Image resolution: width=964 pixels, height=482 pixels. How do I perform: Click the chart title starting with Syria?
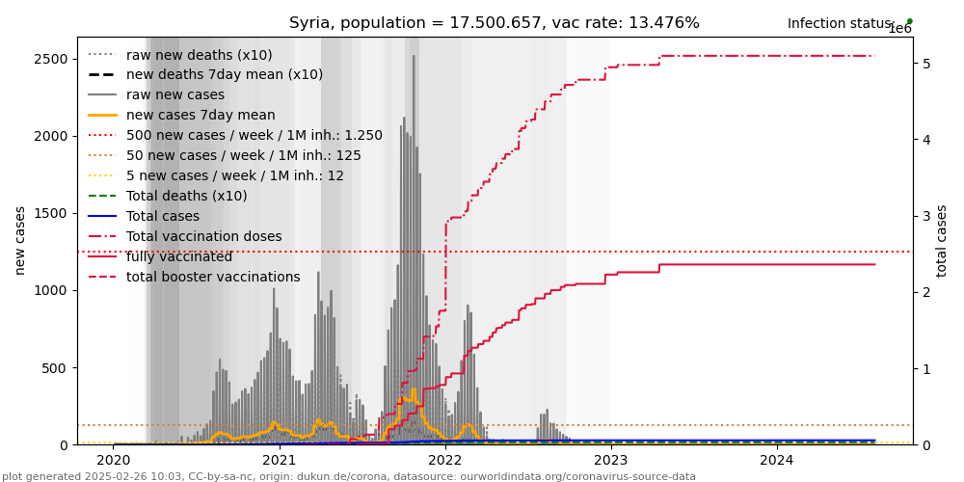pyautogui.click(x=495, y=23)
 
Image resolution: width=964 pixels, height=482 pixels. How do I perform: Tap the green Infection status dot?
pyautogui.click(x=909, y=21)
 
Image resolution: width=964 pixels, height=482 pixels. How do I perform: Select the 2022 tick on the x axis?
pyautogui.click(x=445, y=460)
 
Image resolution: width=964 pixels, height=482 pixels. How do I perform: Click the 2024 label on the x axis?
pyautogui.click(x=777, y=460)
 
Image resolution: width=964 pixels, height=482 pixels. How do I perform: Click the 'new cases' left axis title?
pyautogui.click(x=20, y=240)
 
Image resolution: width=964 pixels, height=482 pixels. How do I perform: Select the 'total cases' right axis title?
pyautogui.click(x=943, y=240)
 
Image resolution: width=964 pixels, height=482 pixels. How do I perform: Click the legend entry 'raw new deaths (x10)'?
pyautogui.click(x=199, y=55)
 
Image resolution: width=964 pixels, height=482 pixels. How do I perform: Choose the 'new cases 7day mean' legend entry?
pyautogui.click(x=201, y=115)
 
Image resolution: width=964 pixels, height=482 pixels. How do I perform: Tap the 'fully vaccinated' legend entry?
pyautogui.click(x=179, y=256)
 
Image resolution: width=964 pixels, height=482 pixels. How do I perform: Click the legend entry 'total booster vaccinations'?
pyautogui.click(x=213, y=277)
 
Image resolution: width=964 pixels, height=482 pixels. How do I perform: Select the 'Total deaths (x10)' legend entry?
pyautogui.click(x=186, y=196)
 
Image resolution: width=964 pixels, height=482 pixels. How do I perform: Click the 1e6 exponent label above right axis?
pyautogui.click(x=899, y=29)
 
